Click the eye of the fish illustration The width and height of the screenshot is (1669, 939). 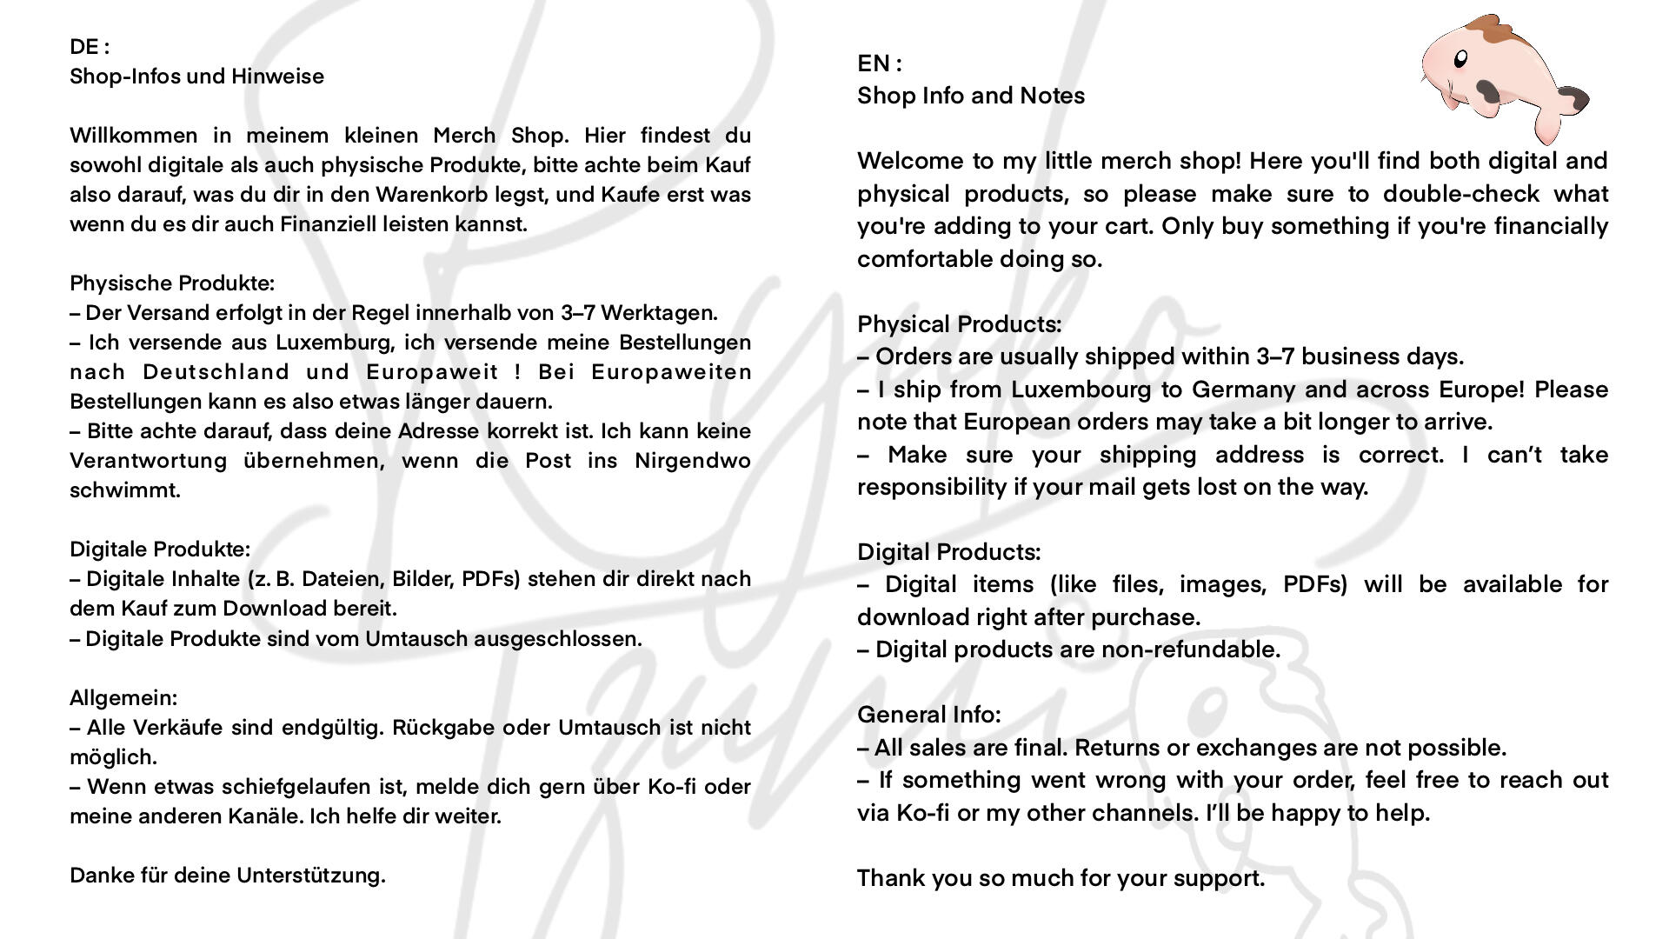[1460, 59]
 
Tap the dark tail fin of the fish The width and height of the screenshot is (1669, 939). [1574, 99]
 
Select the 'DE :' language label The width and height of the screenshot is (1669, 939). [90, 47]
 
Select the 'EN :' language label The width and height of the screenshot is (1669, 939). [880, 63]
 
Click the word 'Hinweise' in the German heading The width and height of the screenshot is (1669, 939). [277, 77]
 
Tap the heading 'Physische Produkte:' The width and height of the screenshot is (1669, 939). [172, 283]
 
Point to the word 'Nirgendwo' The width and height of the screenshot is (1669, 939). [692, 461]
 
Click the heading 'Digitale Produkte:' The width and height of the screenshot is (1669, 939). [160, 549]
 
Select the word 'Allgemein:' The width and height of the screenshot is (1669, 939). [123, 698]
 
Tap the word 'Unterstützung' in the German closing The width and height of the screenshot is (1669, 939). [310, 876]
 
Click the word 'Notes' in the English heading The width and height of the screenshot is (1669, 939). [1052, 96]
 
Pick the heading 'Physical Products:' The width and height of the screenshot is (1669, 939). [959, 324]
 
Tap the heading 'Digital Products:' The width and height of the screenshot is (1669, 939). [948, 552]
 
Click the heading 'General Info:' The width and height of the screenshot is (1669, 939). [928, 715]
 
